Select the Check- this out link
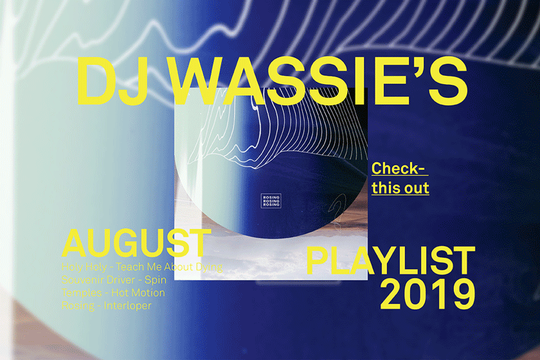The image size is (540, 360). (x=400, y=178)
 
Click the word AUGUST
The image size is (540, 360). (x=134, y=242)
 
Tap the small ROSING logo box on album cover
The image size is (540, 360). (x=271, y=201)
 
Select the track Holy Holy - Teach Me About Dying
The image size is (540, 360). (x=142, y=267)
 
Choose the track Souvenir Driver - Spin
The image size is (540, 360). (x=114, y=280)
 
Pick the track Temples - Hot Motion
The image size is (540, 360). (x=113, y=292)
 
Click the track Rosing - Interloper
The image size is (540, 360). (x=107, y=305)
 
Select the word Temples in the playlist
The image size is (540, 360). (x=82, y=292)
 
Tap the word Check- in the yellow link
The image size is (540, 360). (x=399, y=169)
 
